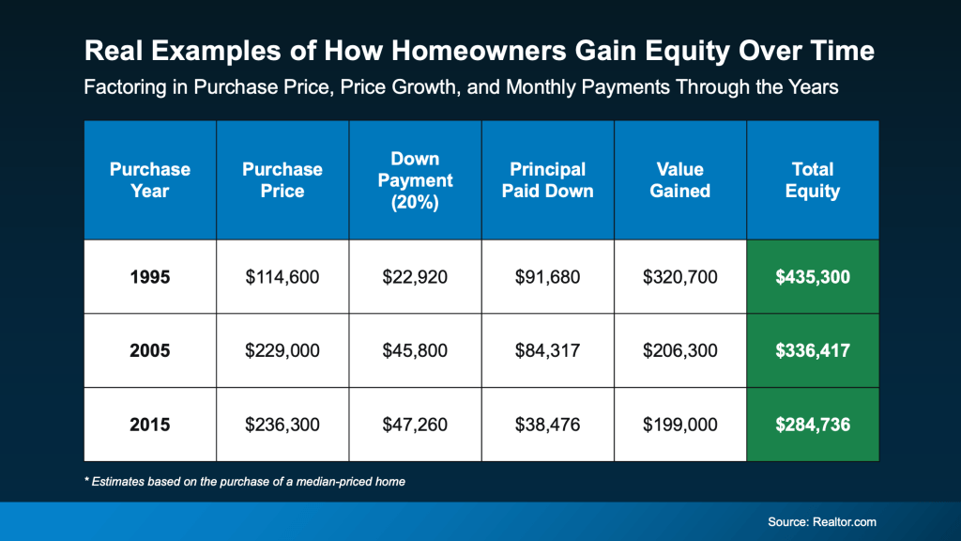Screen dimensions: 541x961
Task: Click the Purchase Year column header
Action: pos(150,179)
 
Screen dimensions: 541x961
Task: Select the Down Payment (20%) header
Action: pos(415,179)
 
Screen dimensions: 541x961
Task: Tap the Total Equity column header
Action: pos(813,179)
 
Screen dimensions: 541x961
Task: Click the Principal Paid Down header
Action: pos(547,179)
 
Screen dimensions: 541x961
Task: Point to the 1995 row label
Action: pos(150,277)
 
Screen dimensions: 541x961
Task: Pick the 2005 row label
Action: pos(150,350)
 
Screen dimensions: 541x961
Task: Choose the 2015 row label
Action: pos(150,425)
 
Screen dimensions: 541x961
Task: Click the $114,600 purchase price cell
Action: pos(282,277)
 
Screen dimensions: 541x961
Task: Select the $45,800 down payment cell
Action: pos(415,350)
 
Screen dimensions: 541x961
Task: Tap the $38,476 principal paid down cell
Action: pos(547,425)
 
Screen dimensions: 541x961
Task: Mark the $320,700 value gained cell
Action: pos(680,277)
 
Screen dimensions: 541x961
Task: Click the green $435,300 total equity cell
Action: pos(813,277)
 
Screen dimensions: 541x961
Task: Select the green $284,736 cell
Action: pos(813,425)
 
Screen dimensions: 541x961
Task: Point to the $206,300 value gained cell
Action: pos(680,350)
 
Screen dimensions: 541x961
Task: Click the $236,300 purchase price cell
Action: pos(282,425)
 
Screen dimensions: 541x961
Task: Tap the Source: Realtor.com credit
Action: pos(823,521)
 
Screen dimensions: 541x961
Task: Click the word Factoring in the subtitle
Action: pos(122,87)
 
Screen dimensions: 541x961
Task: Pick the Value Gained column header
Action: pos(680,179)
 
